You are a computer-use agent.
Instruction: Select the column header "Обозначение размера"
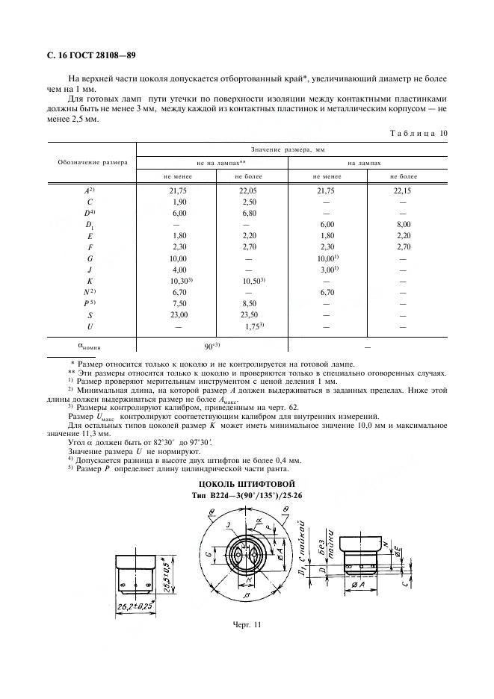point(92,161)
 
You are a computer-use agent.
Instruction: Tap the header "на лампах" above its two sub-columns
point(364,161)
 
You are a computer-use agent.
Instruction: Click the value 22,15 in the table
point(403,190)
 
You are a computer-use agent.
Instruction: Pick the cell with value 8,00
point(403,224)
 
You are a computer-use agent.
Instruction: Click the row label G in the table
point(90,258)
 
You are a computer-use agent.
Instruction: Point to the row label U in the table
point(90,326)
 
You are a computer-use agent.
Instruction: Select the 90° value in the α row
point(213,347)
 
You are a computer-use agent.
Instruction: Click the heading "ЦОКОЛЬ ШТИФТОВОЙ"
point(247,484)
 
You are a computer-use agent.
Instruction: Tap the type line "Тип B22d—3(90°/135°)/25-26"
point(247,496)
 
